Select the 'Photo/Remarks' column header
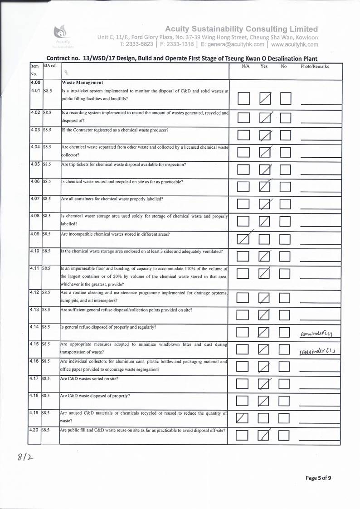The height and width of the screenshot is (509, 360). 315,67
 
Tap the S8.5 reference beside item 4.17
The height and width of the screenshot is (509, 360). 47,377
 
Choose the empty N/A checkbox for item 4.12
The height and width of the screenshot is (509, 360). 243,297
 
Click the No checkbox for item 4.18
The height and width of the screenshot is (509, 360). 285,400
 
